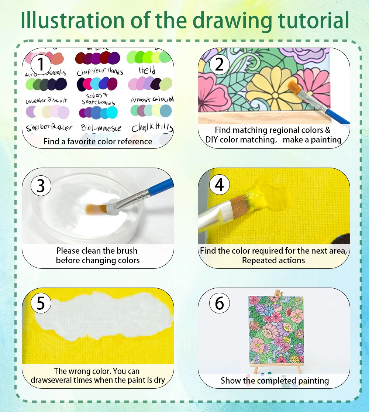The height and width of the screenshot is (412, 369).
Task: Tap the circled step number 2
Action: coord(219,64)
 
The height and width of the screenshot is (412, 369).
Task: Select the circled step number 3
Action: coord(41,186)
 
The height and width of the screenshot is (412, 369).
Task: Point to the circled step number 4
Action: coord(219,185)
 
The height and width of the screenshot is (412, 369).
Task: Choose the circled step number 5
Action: coord(41,303)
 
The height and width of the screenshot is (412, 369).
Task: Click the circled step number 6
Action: coord(219,303)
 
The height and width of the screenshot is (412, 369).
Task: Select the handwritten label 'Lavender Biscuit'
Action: coord(46,100)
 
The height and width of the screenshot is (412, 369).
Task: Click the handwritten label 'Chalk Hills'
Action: coord(152,128)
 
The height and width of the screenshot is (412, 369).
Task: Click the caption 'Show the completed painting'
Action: coord(275,380)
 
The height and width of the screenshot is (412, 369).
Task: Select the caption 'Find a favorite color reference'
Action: coord(98,141)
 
